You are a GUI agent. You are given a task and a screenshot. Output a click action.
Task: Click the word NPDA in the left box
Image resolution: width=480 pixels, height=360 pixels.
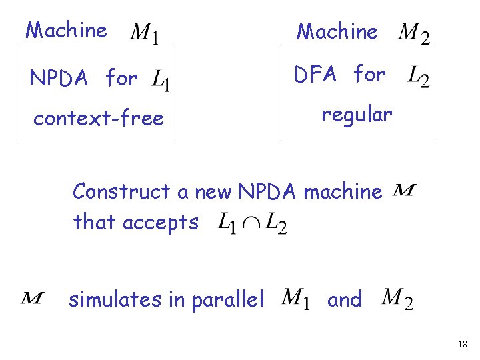[58, 79]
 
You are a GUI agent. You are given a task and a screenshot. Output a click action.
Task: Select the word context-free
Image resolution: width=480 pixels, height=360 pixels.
[99, 119]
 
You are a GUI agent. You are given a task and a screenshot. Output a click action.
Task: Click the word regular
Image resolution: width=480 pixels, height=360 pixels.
[357, 115]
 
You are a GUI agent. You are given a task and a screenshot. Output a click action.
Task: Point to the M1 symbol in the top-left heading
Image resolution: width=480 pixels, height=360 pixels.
[145, 32]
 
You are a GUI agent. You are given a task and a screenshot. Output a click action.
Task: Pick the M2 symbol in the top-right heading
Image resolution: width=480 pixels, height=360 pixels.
[413, 33]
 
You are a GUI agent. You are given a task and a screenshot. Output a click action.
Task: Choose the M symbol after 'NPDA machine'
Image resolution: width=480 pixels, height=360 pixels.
[405, 191]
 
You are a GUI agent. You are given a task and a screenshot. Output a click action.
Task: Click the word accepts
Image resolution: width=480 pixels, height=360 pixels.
[161, 222]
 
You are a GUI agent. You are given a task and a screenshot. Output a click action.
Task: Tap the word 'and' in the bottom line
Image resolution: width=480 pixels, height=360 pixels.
[344, 300]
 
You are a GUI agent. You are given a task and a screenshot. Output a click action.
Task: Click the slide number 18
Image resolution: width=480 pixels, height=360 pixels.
[463, 344]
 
